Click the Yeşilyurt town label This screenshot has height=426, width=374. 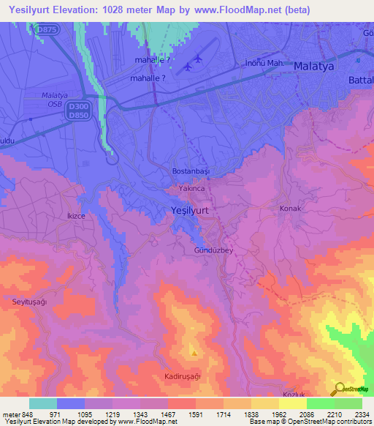pyautogui.click(x=189, y=210)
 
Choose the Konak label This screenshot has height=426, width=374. pyautogui.click(x=290, y=209)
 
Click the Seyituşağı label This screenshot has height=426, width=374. pyautogui.click(x=29, y=302)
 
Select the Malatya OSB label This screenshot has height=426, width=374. pyautogui.click(x=54, y=99)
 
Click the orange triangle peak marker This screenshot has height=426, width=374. pyautogui.click(x=194, y=353)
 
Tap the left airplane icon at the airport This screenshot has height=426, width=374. pyautogui.click(x=188, y=67)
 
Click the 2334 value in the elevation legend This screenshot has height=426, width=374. pyautogui.click(x=362, y=414)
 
